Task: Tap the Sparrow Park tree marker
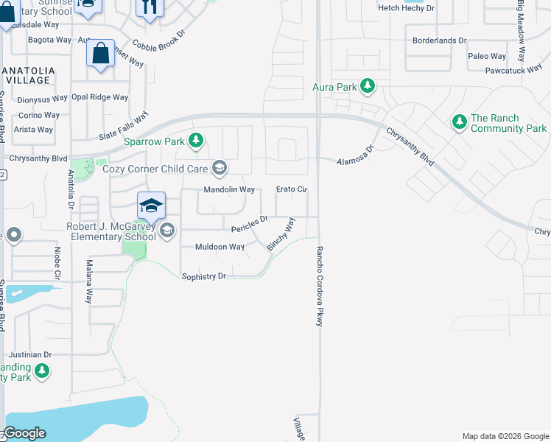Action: click(x=195, y=140)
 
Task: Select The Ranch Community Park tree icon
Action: click(x=460, y=121)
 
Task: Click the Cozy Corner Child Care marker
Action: click(x=219, y=169)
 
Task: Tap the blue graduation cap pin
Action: click(x=151, y=206)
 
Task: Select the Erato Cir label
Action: click(x=292, y=189)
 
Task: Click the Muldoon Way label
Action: click(x=219, y=247)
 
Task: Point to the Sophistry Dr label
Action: click(x=203, y=276)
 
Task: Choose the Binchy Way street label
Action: click(x=281, y=234)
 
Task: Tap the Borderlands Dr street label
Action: click(x=440, y=41)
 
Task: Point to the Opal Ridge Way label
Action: click(x=99, y=97)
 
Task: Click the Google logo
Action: click(x=25, y=433)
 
